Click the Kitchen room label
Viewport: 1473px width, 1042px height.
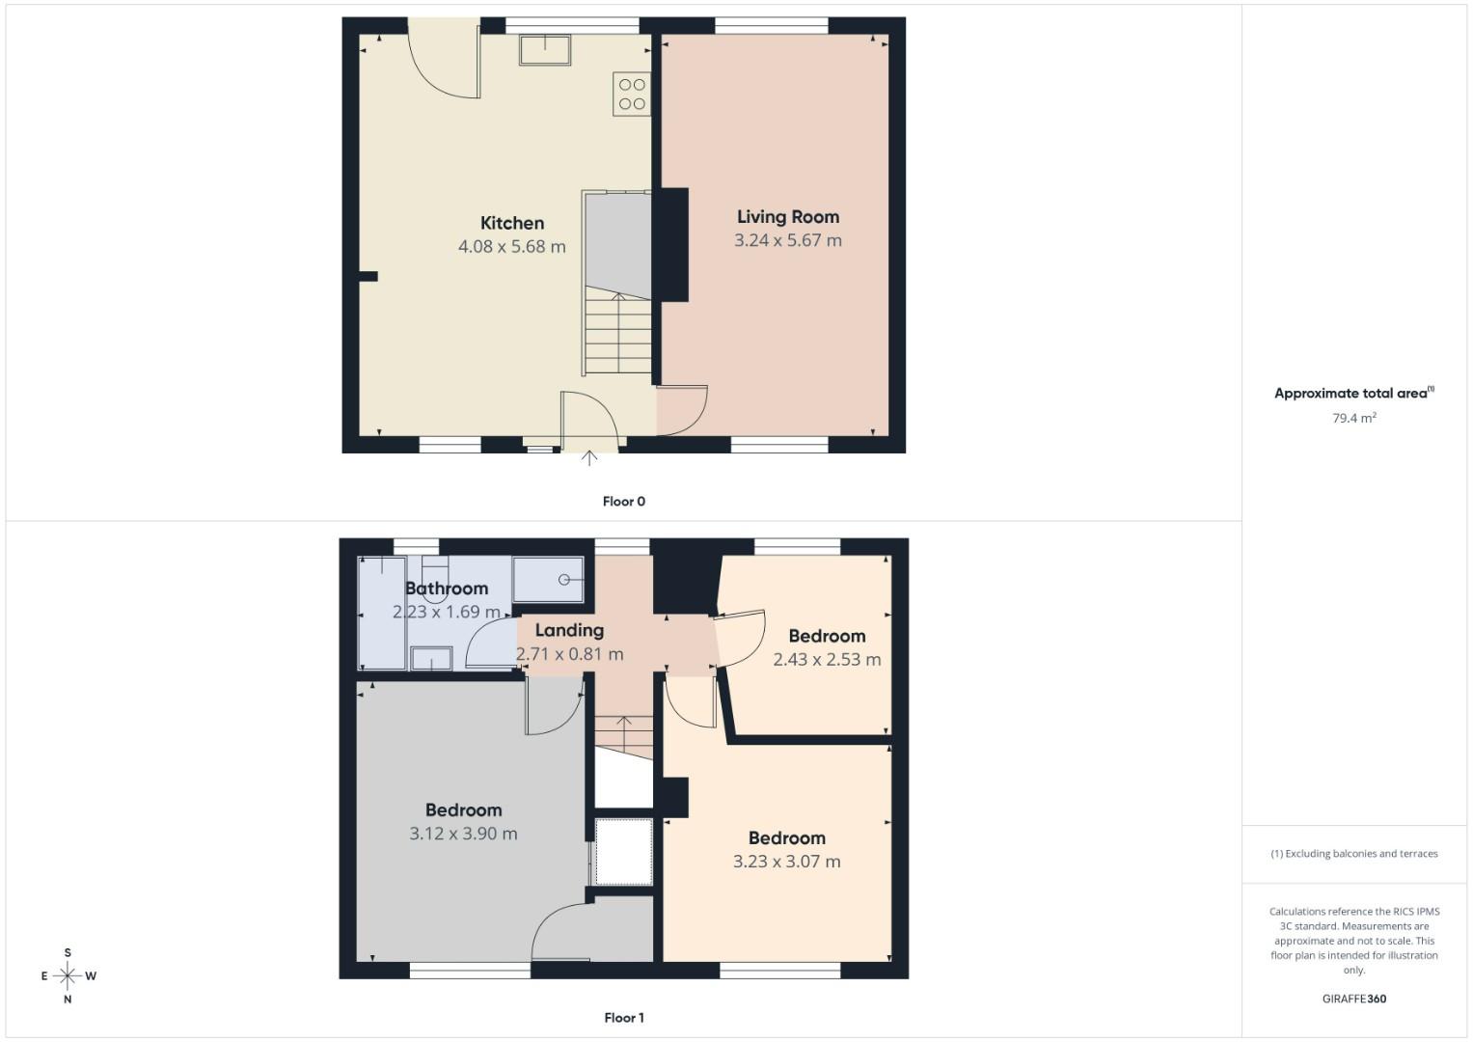pos(512,223)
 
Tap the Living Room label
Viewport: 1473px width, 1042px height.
pos(788,217)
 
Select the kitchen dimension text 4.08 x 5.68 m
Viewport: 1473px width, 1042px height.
pos(512,247)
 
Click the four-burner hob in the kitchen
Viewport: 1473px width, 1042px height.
pos(632,94)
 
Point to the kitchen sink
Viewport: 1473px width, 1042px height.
pos(545,49)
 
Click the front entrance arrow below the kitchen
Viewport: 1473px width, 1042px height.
pos(588,458)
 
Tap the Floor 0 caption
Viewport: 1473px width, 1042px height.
pos(624,502)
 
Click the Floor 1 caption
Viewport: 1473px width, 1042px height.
pos(624,1018)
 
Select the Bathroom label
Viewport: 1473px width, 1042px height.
pos(447,589)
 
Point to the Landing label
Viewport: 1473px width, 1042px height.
pos(569,630)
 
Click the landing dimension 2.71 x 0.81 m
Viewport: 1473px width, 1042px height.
pos(570,654)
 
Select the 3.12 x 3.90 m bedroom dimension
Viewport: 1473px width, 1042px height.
pos(463,834)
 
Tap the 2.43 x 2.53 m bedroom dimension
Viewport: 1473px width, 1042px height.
pos(827,660)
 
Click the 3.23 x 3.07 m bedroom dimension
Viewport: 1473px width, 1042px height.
pos(786,862)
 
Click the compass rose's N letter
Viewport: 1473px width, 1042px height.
pos(68,1000)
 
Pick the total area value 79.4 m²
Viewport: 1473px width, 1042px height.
pos(1354,419)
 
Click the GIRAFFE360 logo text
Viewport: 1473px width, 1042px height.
pos(1354,999)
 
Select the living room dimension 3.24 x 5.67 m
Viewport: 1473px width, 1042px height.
pos(788,240)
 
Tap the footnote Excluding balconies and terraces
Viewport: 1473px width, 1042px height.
pos(1354,854)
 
